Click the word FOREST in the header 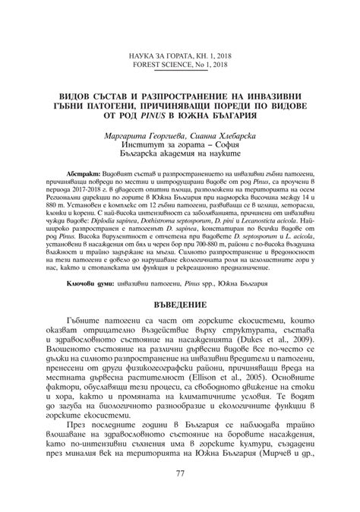click(x=155, y=43)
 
